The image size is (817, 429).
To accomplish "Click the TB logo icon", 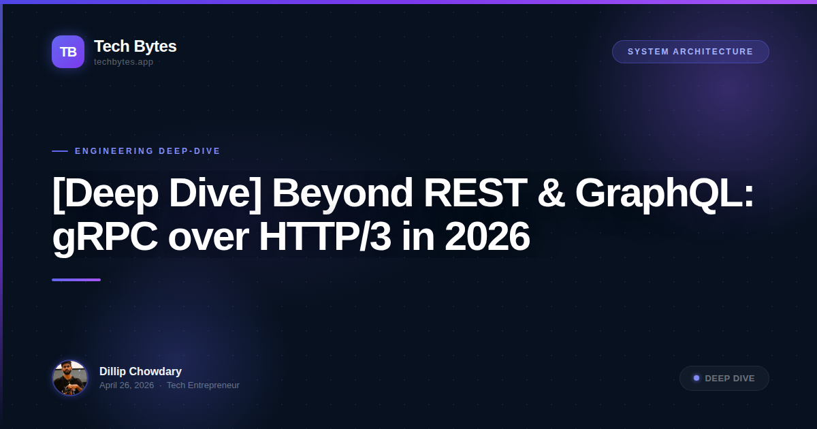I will [68, 52].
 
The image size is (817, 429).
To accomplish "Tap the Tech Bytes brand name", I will [135, 46].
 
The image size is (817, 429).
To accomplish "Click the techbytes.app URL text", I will [123, 62].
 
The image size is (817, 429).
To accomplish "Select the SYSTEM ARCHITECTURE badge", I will [690, 52].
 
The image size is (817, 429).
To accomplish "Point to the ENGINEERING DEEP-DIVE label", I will [148, 151].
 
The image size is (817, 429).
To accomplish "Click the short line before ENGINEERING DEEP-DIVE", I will [60, 151].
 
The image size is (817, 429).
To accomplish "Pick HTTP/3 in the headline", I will [324, 237].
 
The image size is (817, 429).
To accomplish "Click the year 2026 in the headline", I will [487, 237].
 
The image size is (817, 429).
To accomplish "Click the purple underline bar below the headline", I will [76, 280].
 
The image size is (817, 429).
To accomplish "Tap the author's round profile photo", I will [70, 378].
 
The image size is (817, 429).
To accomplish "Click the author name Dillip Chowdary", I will [140, 371].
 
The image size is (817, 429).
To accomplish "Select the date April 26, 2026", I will [127, 385].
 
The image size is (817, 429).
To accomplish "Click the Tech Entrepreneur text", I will [203, 385].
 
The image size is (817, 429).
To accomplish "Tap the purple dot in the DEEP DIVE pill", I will [696, 378].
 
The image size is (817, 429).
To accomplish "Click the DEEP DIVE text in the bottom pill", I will [730, 379].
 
